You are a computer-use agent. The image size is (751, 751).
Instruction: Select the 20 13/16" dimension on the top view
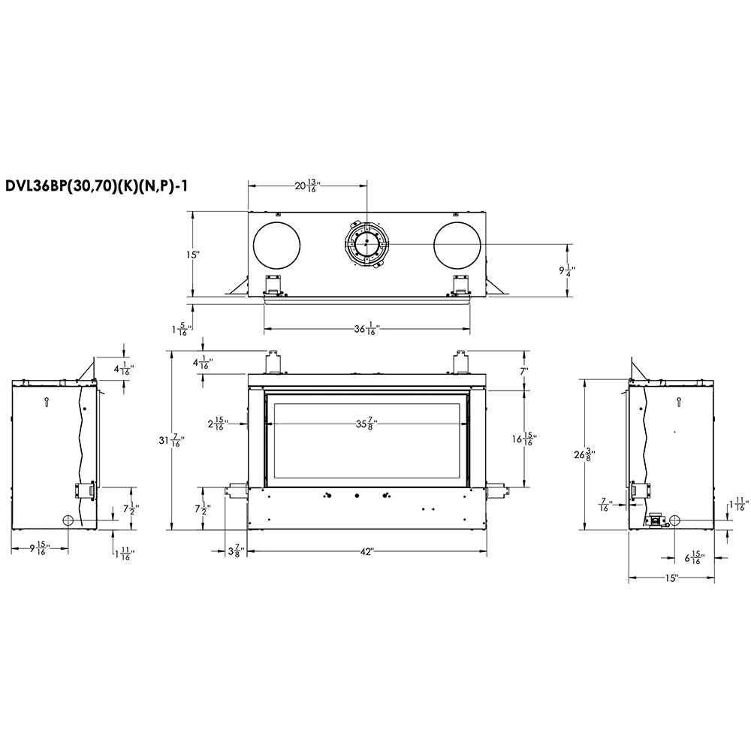[x=307, y=185]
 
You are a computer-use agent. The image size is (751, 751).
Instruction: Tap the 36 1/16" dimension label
[x=367, y=329]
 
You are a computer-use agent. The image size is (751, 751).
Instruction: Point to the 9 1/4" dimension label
[x=567, y=270]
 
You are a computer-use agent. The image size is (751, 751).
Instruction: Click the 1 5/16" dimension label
[x=182, y=329]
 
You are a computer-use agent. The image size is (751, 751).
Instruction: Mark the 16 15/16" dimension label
[x=524, y=439]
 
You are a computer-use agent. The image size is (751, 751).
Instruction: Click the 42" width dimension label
[x=366, y=552]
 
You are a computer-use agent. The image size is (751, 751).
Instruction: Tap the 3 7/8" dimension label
[x=236, y=552]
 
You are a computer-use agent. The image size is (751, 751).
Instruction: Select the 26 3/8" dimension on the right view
[x=585, y=454]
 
